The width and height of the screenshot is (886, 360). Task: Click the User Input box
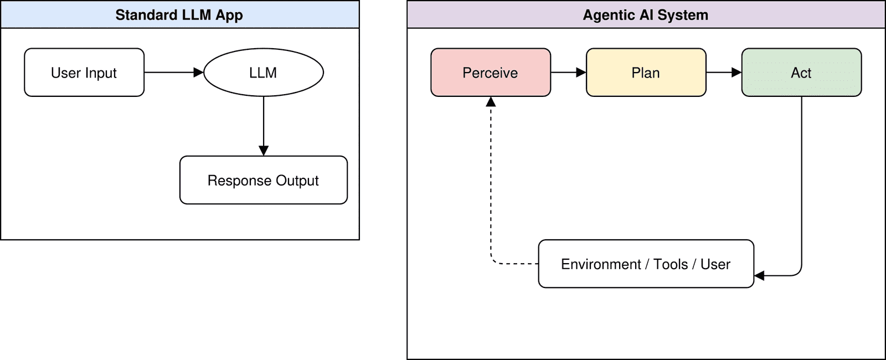coord(84,73)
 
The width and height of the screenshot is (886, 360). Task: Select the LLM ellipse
coord(264,73)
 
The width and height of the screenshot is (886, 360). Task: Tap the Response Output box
coord(264,180)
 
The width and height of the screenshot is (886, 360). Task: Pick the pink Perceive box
coord(491,73)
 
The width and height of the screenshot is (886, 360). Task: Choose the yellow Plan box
coord(646,73)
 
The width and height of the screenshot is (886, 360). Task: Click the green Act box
coord(801,73)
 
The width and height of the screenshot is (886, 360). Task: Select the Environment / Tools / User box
coord(646,264)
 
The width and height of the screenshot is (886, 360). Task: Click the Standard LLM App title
coord(179,15)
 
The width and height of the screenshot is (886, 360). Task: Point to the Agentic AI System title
coord(646,15)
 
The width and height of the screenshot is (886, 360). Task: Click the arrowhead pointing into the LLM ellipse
coord(199,73)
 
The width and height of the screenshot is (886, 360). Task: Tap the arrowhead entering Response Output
coord(264,151)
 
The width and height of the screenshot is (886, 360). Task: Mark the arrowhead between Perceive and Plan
coord(581,73)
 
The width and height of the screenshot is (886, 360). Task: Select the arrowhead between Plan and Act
coord(736,73)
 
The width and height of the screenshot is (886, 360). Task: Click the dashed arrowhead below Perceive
coord(491,102)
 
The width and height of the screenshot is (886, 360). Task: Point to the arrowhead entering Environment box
coord(759,275)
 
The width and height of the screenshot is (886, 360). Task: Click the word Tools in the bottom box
coord(671,264)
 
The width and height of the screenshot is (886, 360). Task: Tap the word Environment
coord(601,264)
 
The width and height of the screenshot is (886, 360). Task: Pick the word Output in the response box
coord(297,181)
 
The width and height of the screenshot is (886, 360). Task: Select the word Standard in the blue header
coord(146,15)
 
